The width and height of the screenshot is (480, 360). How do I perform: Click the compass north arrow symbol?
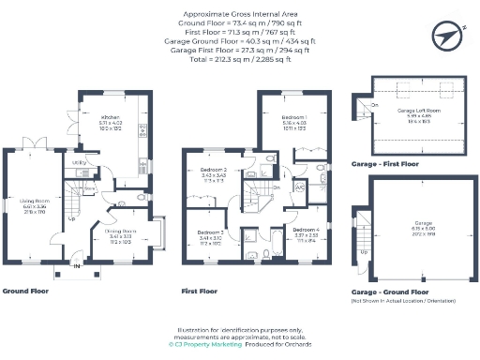[x=445, y=35]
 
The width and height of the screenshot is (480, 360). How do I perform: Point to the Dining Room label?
[x=121, y=231]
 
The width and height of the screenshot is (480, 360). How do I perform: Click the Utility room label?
[x=81, y=163]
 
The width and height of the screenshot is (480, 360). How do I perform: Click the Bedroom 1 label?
[x=295, y=118]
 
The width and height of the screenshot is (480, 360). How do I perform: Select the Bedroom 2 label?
[x=215, y=171]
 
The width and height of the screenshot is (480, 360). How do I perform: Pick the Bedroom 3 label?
[x=210, y=232]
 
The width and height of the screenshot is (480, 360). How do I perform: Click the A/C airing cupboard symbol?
[x=300, y=187]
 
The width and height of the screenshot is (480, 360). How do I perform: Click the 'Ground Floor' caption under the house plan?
[x=26, y=292]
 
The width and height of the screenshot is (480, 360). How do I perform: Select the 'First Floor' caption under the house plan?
[x=201, y=292]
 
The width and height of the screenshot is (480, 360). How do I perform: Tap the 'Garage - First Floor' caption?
[x=384, y=164]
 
